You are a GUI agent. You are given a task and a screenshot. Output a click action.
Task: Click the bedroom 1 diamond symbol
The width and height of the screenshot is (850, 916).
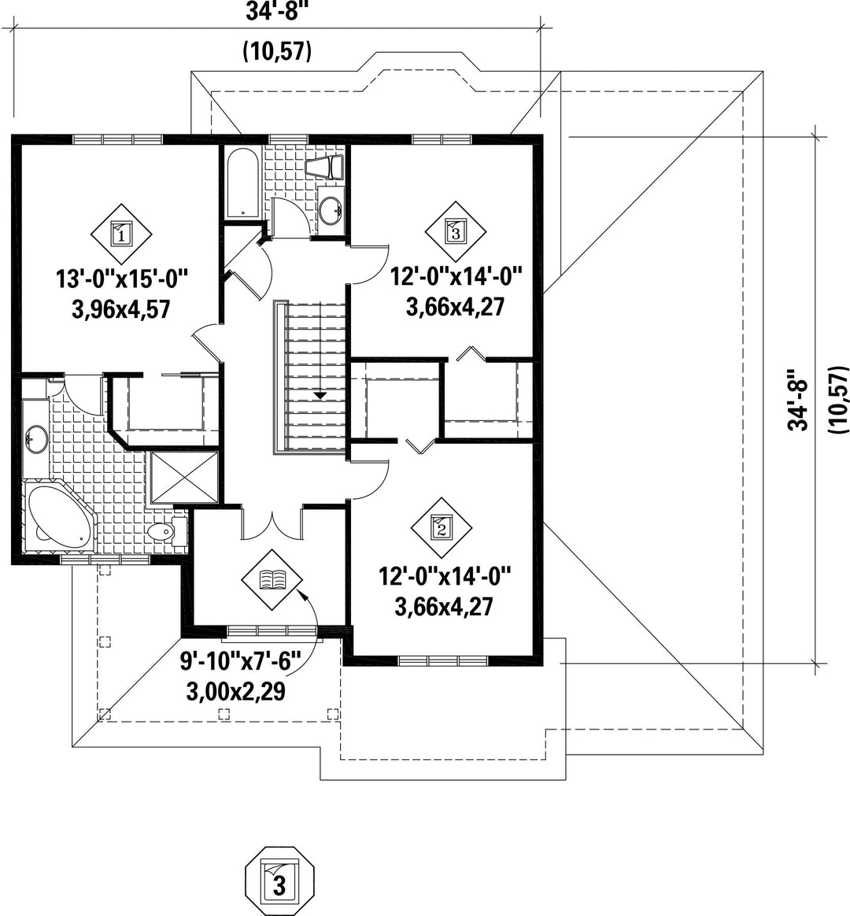click(121, 235)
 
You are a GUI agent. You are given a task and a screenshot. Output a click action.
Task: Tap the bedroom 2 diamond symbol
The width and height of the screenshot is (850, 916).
click(441, 528)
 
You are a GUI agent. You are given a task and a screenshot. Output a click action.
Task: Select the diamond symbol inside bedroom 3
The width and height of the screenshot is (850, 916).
click(456, 232)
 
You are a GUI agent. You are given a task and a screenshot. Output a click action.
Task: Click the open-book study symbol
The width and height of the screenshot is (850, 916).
click(272, 579)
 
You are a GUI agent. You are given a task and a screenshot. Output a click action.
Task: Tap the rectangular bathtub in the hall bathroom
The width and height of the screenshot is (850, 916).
click(242, 183)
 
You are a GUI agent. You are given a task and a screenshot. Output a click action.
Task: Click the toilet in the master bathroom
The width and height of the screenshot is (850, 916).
click(168, 531)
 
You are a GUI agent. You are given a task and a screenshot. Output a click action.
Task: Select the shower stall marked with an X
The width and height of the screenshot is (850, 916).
click(184, 477)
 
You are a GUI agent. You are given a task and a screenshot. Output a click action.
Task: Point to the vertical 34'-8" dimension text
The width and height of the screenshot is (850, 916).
click(798, 400)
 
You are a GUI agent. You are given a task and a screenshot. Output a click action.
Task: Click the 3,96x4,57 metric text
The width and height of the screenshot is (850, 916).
click(122, 309)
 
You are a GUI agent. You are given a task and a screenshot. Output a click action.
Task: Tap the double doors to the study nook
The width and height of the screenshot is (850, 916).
click(272, 523)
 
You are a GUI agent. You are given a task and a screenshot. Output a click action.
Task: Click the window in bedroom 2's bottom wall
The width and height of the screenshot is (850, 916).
click(443, 661)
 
